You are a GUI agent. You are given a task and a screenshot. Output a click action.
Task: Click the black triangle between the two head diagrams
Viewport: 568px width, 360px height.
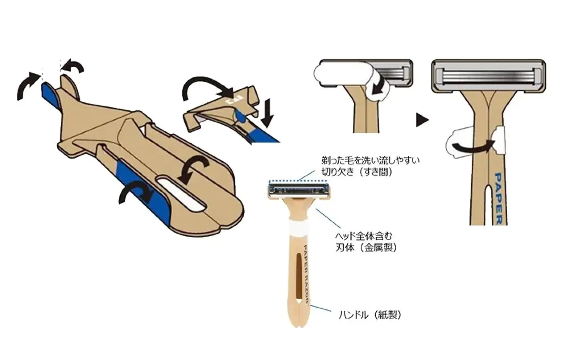[422, 120]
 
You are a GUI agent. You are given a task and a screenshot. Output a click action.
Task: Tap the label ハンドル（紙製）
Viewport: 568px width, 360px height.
[370, 315]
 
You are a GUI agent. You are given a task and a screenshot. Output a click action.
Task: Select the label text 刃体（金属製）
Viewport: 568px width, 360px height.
[366, 247]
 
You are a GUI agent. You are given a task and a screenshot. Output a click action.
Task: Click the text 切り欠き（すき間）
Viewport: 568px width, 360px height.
[357, 172]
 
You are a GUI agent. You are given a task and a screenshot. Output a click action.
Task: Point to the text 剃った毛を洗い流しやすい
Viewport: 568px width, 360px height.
[371, 160]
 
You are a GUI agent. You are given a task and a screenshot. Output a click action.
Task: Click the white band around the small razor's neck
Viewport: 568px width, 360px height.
[298, 228]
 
